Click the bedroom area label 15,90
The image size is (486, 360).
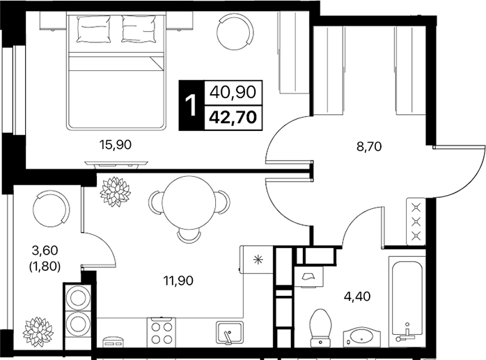point(116,145)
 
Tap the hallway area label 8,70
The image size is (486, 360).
point(369,146)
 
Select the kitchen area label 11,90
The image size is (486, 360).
point(178,281)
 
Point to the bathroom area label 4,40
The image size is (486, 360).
point(357,297)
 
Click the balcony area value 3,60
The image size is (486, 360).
point(45,250)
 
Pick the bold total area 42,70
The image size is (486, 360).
point(233,118)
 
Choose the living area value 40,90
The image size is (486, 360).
point(233,92)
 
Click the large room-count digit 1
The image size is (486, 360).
point(191,105)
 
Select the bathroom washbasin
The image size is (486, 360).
point(361,338)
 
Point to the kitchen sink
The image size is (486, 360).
point(230,333)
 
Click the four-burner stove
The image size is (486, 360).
point(161,332)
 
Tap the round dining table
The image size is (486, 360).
point(189,203)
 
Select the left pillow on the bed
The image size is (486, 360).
point(93,29)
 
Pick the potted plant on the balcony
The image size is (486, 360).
point(38,331)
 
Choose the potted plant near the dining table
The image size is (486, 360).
point(116,191)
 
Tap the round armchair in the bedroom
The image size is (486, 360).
point(235,32)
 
